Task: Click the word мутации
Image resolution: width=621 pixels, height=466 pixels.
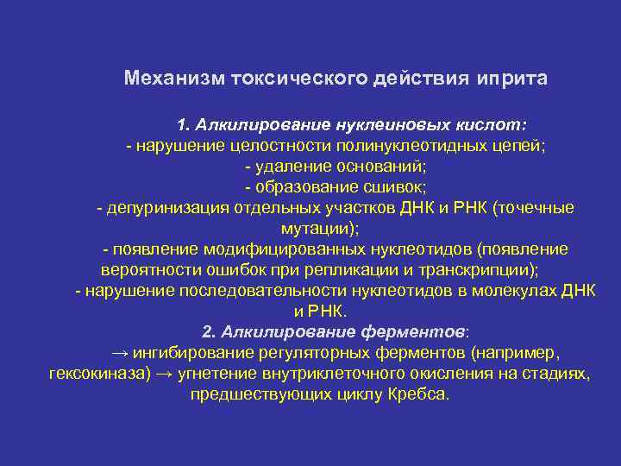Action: [317, 229]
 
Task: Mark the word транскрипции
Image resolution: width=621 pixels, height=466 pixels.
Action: [466, 270]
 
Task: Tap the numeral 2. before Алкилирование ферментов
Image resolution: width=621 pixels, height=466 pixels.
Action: [209, 332]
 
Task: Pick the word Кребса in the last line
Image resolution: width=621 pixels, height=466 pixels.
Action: [421, 394]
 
